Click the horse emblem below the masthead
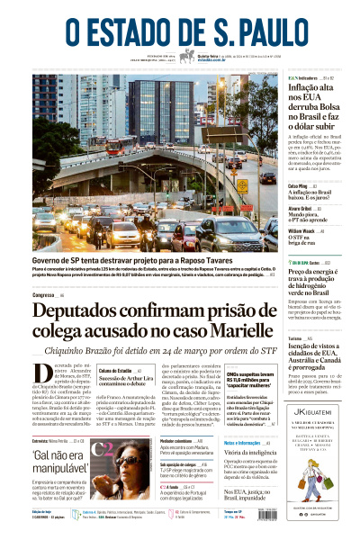[187, 57]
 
